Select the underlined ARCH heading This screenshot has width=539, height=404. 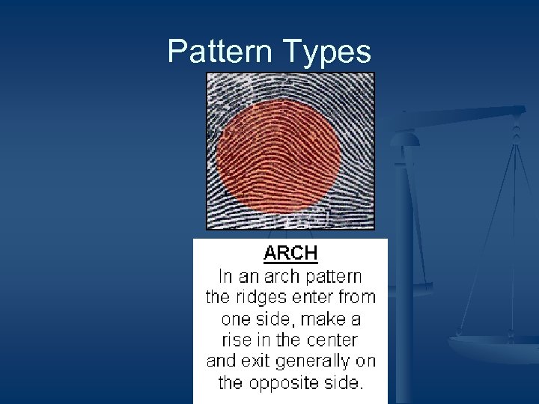pos(290,254)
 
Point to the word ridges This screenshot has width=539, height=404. pos(258,296)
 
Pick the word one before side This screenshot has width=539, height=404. pos(237,319)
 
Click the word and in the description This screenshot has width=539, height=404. pos(221,361)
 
